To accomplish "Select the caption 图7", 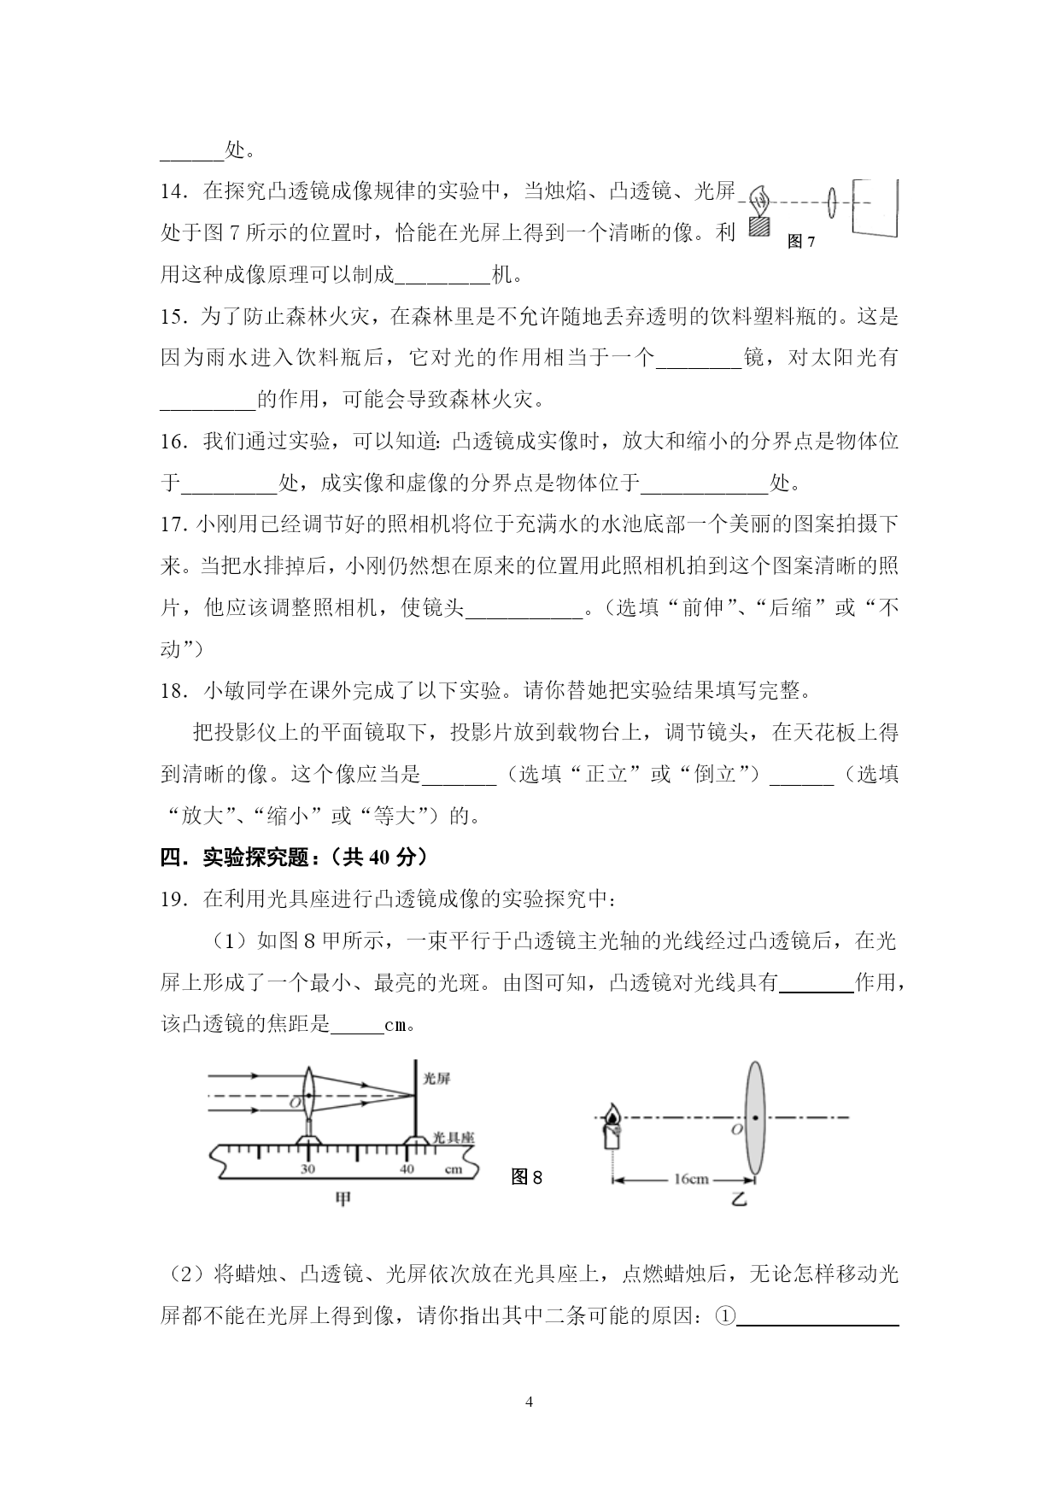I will [x=800, y=242].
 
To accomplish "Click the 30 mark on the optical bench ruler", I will [x=307, y=1169].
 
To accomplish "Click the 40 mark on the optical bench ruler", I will [x=407, y=1169].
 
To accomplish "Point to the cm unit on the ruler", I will [x=453, y=1169].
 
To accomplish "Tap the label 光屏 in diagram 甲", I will [x=436, y=1079].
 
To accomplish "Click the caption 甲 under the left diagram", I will [x=342, y=1199].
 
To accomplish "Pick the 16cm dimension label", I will [x=691, y=1180].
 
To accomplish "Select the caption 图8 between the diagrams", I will [x=526, y=1177].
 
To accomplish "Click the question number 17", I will [x=173, y=524].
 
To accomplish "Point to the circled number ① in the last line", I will [x=724, y=1316].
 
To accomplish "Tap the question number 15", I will [x=173, y=317].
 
